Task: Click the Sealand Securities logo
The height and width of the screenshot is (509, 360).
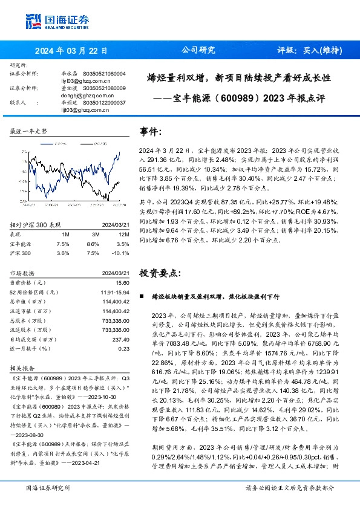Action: (x=57, y=22)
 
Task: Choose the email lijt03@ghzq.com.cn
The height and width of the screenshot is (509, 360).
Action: (x=84, y=109)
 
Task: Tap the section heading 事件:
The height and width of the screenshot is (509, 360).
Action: (x=151, y=132)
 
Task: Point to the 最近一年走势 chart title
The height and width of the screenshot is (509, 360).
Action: (x=28, y=131)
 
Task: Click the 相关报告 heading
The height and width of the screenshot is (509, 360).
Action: (x=24, y=368)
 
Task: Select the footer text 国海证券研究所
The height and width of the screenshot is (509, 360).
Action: (x=46, y=488)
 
